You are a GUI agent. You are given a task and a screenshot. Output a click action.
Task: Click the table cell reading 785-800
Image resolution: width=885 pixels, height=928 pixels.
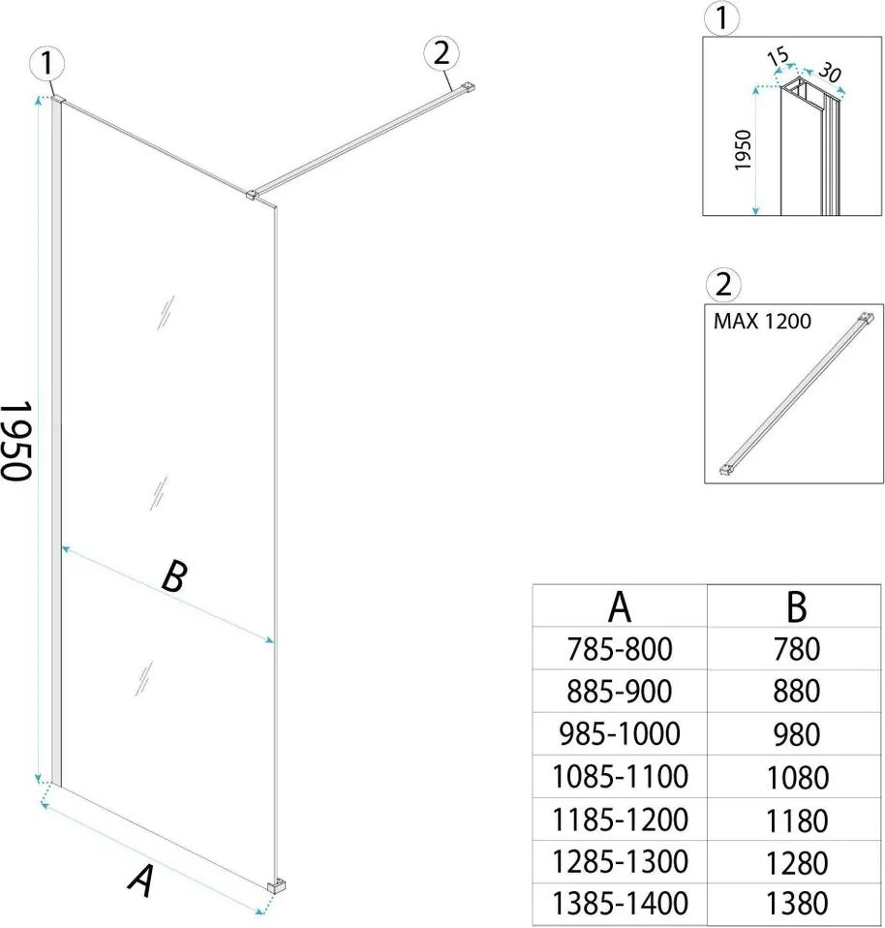click(x=621, y=647)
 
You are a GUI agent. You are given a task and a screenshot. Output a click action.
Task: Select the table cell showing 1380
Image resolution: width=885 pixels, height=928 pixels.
click(x=796, y=903)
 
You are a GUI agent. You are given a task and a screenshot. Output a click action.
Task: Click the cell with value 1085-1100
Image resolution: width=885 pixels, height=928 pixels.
click(x=621, y=776)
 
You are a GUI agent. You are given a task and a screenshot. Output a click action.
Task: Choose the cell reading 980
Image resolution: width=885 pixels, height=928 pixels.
click(x=796, y=733)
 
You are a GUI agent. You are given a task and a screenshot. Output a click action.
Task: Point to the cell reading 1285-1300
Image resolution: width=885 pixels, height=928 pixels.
click(x=621, y=860)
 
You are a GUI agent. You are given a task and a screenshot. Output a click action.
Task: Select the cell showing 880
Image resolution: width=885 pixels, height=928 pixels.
click(x=796, y=691)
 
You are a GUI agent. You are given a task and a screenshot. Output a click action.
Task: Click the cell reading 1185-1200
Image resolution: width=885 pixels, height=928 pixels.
click(x=621, y=819)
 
